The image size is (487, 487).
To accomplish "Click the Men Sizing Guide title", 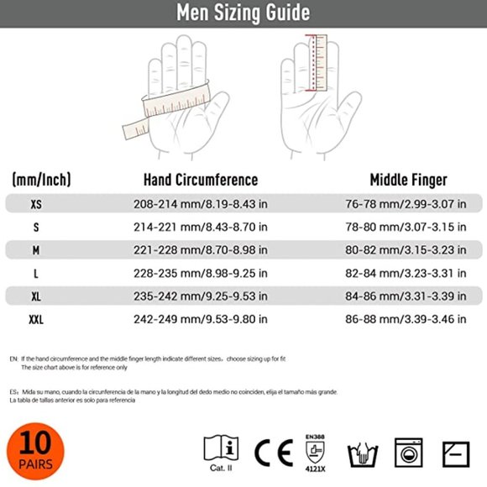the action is point(243,13).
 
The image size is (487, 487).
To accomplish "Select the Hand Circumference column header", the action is point(201,180).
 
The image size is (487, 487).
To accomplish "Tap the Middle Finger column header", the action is point(409,180).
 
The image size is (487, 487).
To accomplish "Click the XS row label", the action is point(35,204).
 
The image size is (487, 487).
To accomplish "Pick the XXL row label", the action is point(35,319).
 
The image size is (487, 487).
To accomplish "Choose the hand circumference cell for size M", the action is point(201,249).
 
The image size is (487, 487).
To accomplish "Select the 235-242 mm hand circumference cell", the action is point(201,296).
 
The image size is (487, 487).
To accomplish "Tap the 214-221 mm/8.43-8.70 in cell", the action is point(201,227).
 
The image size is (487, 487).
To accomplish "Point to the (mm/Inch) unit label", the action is point(41,180).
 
